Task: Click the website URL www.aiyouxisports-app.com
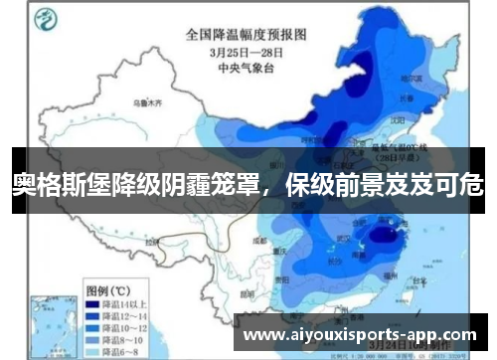click(x=360, y=335)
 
